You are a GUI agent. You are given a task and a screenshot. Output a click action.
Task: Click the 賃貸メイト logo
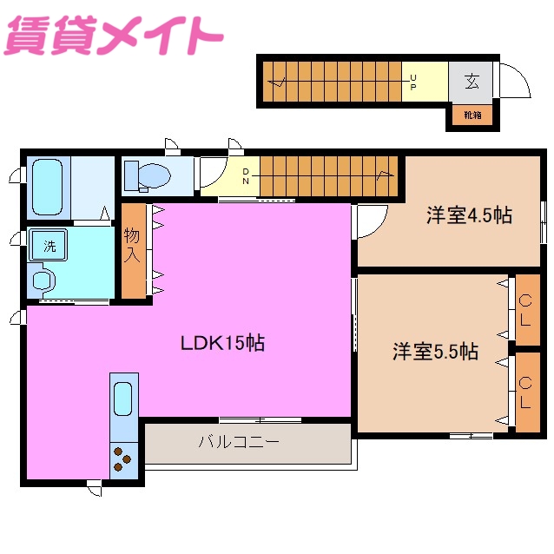tap(113, 35)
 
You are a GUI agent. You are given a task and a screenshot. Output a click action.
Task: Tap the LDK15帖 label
tap(222, 343)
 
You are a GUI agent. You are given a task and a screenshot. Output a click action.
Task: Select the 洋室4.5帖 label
tap(469, 215)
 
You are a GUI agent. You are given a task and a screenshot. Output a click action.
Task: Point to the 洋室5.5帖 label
tap(435, 352)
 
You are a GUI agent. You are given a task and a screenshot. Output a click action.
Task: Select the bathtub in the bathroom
tap(47, 187)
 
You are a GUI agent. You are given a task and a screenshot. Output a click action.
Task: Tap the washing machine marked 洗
tap(49, 246)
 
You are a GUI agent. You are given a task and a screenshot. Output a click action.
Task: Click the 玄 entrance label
tap(472, 82)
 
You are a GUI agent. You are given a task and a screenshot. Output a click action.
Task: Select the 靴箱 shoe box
tap(472, 115)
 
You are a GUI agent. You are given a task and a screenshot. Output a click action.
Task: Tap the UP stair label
tap(413, 82)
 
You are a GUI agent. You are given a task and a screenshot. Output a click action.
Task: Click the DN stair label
tap(246, 176)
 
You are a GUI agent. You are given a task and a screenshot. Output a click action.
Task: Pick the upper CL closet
tap(526, 309)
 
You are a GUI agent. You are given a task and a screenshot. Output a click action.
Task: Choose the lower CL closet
tap(526, 392)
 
